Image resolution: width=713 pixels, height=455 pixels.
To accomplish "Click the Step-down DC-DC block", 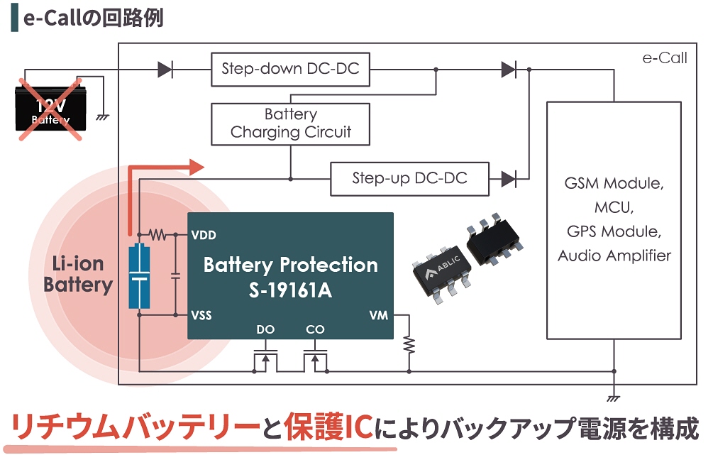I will [x=290, y=69].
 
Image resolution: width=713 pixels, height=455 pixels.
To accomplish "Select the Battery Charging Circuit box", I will [x=290, y=123].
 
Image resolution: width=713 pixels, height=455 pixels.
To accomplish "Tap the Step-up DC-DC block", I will [x=409, y=178].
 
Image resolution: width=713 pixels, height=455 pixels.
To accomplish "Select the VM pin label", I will [x=379, y=315].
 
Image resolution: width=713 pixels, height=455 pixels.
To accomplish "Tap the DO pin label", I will [x=265, y=330].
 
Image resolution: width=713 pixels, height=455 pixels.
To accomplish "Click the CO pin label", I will [x=314, y=330].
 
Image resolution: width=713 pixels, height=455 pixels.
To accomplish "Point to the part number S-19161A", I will [x=290, y=290].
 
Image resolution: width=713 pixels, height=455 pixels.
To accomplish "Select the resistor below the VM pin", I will [x=409, y=344].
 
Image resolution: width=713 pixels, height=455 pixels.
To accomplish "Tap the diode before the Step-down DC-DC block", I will [x=165, y=70].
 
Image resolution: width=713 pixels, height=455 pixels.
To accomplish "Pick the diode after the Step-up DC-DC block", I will [x=509, y=178].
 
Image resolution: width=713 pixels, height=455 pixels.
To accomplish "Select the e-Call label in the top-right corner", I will [x=664, y=58].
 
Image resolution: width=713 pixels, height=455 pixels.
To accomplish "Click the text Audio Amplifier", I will [x=614, y=256].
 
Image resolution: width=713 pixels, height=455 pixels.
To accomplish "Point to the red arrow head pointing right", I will [x=197, y=168].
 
